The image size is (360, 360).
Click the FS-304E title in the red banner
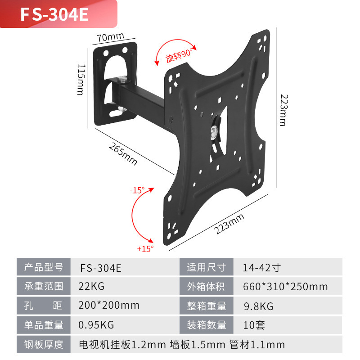54,14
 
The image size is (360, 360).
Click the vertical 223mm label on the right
282,110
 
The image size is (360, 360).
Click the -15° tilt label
137,190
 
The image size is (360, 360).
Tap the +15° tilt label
145,247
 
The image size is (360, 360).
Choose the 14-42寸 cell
261,267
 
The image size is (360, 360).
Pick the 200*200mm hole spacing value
109,306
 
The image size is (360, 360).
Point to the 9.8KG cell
258,306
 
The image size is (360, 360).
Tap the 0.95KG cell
96,325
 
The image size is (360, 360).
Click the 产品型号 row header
44,267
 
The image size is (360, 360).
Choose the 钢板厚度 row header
44,345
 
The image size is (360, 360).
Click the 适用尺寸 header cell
207,267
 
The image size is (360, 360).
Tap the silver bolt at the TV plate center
213,131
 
